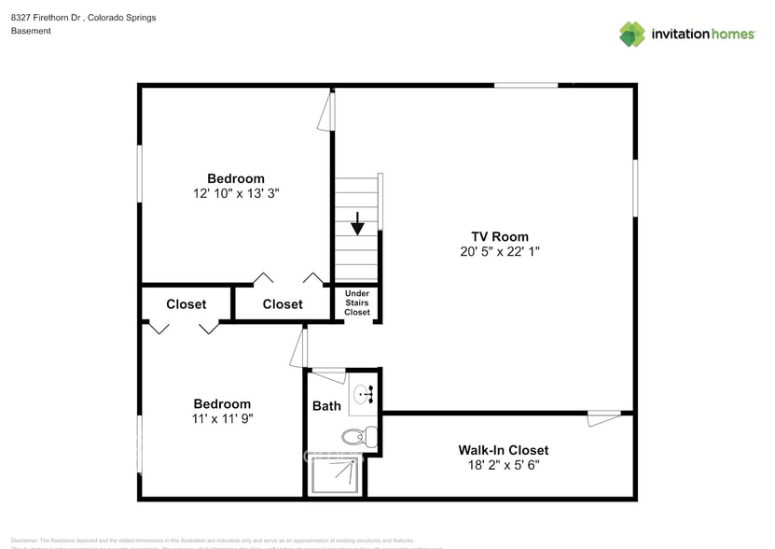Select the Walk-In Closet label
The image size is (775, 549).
(503, 450)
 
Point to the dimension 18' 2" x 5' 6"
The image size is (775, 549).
(503, 465)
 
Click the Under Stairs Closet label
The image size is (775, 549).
(357, 303)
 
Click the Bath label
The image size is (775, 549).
(326, 406)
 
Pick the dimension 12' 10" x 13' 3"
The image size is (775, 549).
(235, 193)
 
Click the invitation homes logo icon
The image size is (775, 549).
(632, 34)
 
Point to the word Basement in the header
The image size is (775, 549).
(31, 31)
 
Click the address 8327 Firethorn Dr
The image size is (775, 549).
(47, 18)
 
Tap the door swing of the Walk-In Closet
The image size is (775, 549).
(603, 419)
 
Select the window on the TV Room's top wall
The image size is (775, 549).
(526, 86)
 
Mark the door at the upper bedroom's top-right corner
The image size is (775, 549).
(325, 110)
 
